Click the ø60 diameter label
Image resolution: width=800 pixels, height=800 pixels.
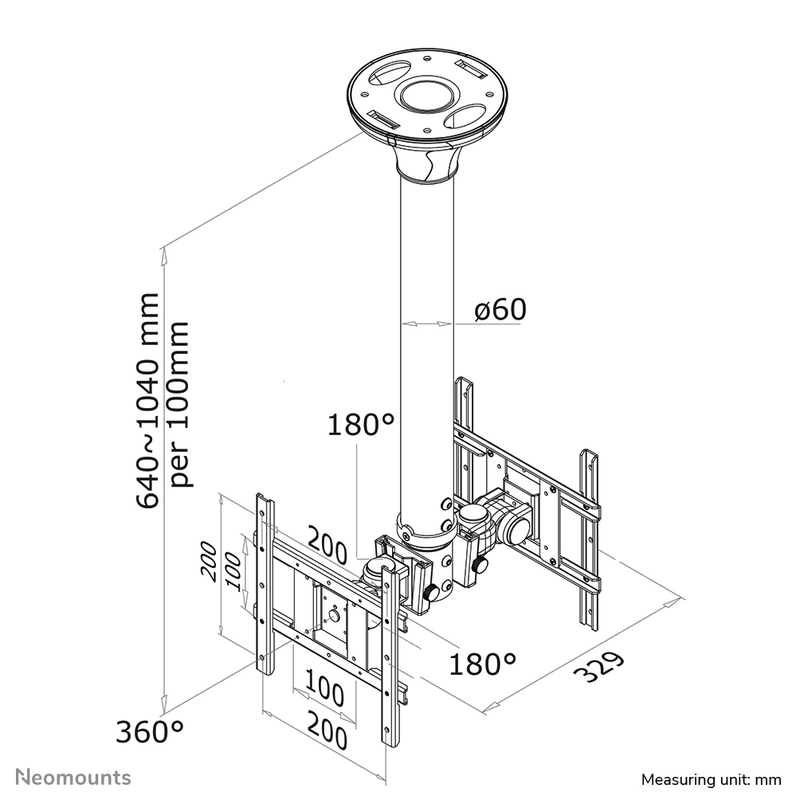click(x=500, y=310)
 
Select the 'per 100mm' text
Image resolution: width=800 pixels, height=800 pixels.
click(x=180, y=404)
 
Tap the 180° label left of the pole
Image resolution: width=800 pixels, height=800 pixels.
click(x=361, y=425)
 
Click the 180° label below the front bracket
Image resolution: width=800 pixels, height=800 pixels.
click(x=482, y=663)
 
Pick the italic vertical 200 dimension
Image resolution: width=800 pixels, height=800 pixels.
click(x=208, y=563)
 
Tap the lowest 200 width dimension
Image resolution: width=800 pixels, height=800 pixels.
click(x=327, y=734)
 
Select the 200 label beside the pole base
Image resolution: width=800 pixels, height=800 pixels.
click(x=326, y=551)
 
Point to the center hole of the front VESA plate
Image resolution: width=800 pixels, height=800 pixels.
click(x=335, y=614)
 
